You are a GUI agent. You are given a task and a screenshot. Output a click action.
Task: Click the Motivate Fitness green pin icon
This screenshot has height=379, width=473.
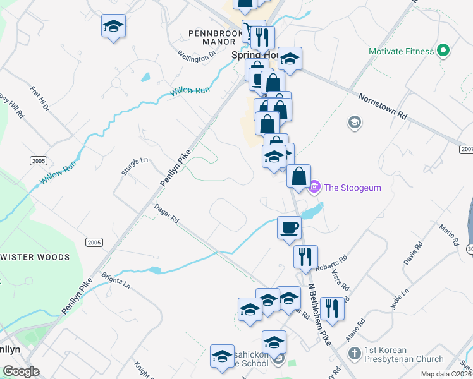(x=444, y=51)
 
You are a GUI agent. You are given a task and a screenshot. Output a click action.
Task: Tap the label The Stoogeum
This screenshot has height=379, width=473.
(x=352, y=188)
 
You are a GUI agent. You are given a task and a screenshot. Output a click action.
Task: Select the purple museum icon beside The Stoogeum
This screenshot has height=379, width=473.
(x=314, y=187)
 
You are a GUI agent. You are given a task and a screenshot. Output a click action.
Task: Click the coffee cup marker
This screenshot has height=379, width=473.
(x=289, y=227)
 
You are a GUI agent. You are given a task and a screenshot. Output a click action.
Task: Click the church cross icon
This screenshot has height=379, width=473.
(x=355, y=352)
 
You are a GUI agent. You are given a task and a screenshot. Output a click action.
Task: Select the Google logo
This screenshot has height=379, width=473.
(x=21, y=371)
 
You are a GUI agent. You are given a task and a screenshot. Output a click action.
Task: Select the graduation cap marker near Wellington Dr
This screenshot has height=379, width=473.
(x=113, y=26)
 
